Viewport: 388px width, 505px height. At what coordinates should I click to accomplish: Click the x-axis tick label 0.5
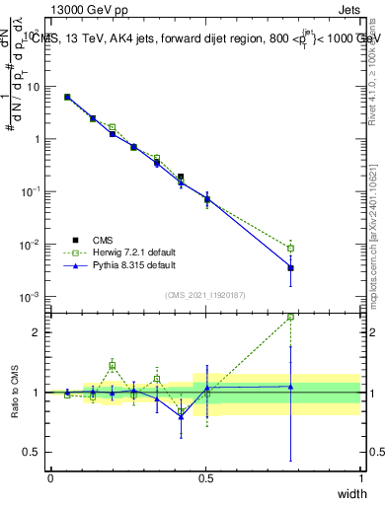click(206, 477)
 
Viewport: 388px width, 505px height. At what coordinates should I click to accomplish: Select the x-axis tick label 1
click(361, 477)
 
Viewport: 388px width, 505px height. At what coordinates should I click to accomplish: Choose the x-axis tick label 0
click(50, 477)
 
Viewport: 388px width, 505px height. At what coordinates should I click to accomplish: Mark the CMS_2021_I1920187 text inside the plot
click(205, 295)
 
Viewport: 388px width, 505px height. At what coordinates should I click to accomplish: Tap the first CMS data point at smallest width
click(66, 97)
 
